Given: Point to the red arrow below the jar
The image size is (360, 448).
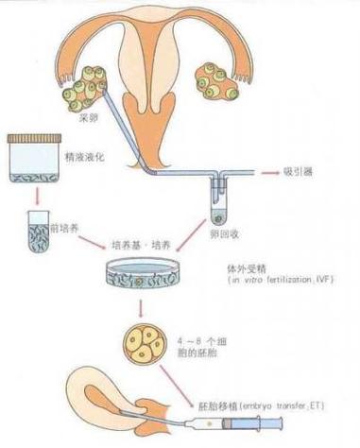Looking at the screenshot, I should point(37,197).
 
